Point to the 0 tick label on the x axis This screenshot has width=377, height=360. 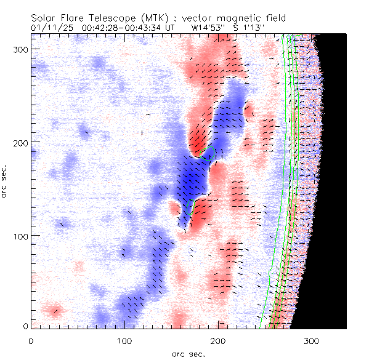tap(31, 340)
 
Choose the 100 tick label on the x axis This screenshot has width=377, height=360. tap(124, 340)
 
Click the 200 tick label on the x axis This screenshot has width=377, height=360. tap(218, 340)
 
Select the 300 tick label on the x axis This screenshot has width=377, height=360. tap(312, 340)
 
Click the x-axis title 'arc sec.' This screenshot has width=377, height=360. tap(188, 353)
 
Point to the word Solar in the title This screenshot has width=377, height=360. tap(45, 18)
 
